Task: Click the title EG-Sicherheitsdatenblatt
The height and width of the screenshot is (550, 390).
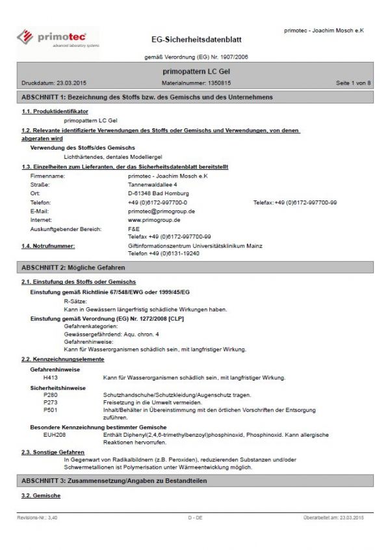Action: point(196,40)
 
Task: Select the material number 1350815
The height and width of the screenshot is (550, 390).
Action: point(218,83)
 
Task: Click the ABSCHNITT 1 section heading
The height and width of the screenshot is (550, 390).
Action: point(147,97)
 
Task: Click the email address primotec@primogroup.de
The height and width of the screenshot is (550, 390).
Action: point(162,212)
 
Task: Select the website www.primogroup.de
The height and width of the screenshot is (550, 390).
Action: point(154,221)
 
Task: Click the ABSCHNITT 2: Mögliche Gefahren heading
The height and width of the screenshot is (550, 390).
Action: point(73,268)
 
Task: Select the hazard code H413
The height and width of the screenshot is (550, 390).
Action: point(50,378)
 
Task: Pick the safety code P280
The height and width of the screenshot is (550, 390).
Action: point(49,395)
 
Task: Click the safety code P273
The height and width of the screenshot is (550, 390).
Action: point(49,403)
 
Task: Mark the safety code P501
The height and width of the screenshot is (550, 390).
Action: point(49,411)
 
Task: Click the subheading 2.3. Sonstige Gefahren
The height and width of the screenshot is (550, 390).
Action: point(53,452)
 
